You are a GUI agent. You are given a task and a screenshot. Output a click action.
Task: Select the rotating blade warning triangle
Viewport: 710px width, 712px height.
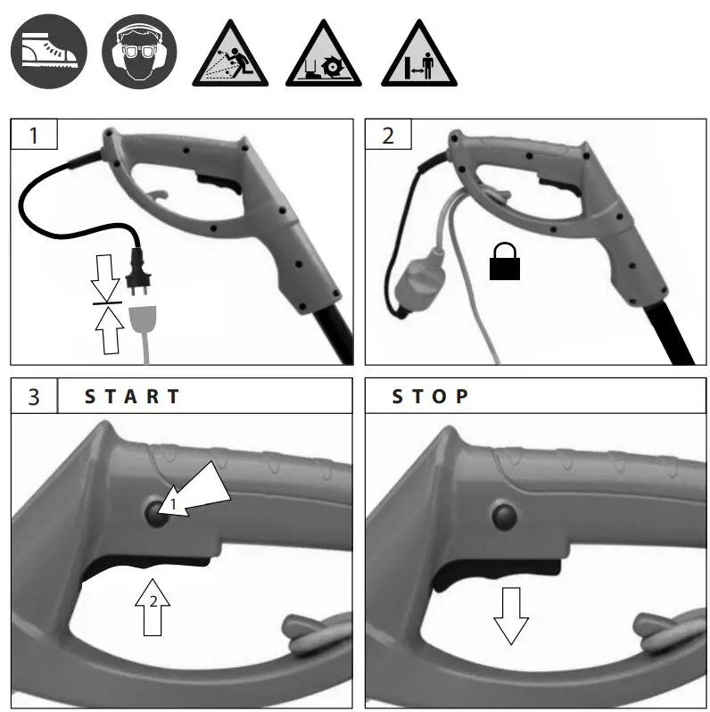point(323,55)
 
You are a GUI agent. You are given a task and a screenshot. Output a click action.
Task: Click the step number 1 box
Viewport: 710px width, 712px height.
point(34,136)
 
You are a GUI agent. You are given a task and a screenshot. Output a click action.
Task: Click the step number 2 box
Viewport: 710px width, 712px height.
point(388,136)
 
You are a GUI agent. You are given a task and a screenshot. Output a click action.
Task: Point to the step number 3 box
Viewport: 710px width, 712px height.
point(34,396)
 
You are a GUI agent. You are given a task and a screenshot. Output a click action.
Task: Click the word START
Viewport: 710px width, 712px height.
point(132,396)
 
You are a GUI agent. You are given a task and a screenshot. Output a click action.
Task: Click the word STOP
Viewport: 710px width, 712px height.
point(430,396)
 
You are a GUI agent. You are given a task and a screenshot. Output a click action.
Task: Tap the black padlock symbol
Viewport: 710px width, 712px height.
point(505,263)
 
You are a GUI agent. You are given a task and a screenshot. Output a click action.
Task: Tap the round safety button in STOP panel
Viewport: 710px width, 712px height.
point(502,515)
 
